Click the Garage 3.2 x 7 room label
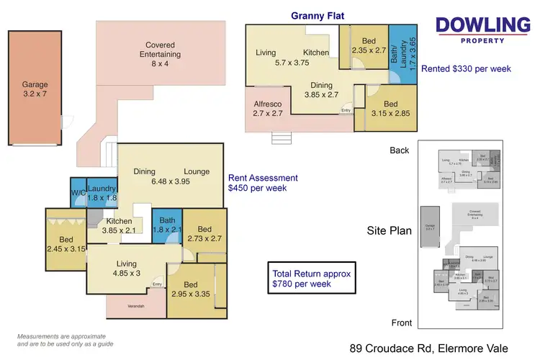click(35, 89)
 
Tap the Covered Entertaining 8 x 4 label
click(161, 49)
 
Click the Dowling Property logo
click(482, 30)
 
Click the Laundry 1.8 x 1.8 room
click(102, 194)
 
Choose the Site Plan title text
click(389, 231)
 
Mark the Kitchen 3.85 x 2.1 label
click(119, 226)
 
